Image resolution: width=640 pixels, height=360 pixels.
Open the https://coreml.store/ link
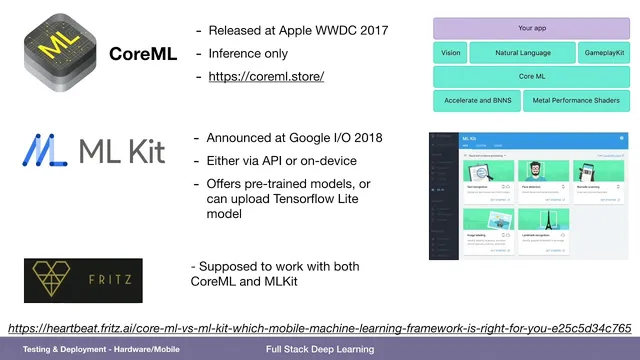point(265,75)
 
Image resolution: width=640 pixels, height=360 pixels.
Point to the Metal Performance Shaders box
point(576,100)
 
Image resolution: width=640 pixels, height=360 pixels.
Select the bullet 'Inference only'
point(250,53)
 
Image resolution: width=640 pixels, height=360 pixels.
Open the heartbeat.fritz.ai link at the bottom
point(319,328)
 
